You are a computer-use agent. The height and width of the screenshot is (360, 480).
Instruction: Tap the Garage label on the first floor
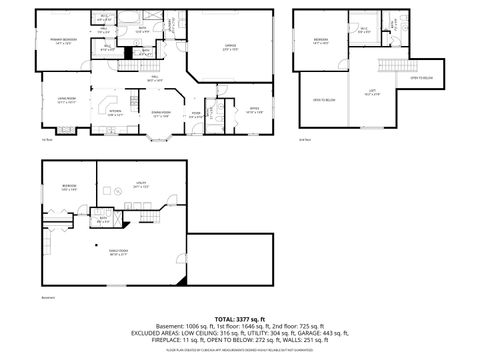click(x=229, y=46)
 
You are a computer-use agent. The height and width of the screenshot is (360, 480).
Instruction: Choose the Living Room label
click(x=67, y=102)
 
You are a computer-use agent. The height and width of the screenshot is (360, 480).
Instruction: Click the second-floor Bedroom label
click(x=321, y=42)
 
